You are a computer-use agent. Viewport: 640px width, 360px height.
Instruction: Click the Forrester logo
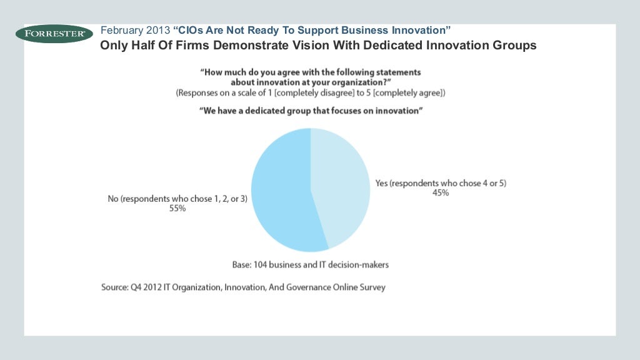(54, 33)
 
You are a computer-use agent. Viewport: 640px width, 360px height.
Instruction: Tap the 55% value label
(177, 209)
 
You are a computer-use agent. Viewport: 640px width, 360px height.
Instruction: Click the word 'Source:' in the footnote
(116, 287)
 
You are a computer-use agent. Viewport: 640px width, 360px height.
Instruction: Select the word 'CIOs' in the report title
(191, 30)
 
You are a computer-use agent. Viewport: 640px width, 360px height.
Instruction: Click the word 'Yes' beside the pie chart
(382, 183)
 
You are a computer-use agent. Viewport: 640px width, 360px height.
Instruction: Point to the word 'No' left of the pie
(112, 199)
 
